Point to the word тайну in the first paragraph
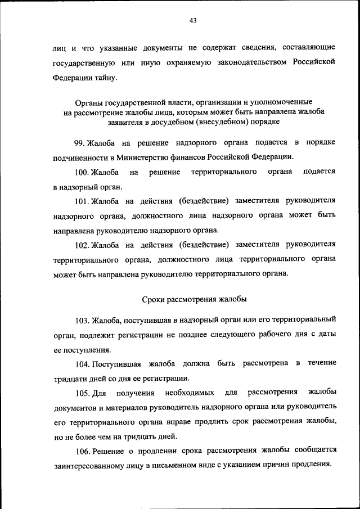click(107, 78)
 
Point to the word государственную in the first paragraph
click(84, 62)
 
